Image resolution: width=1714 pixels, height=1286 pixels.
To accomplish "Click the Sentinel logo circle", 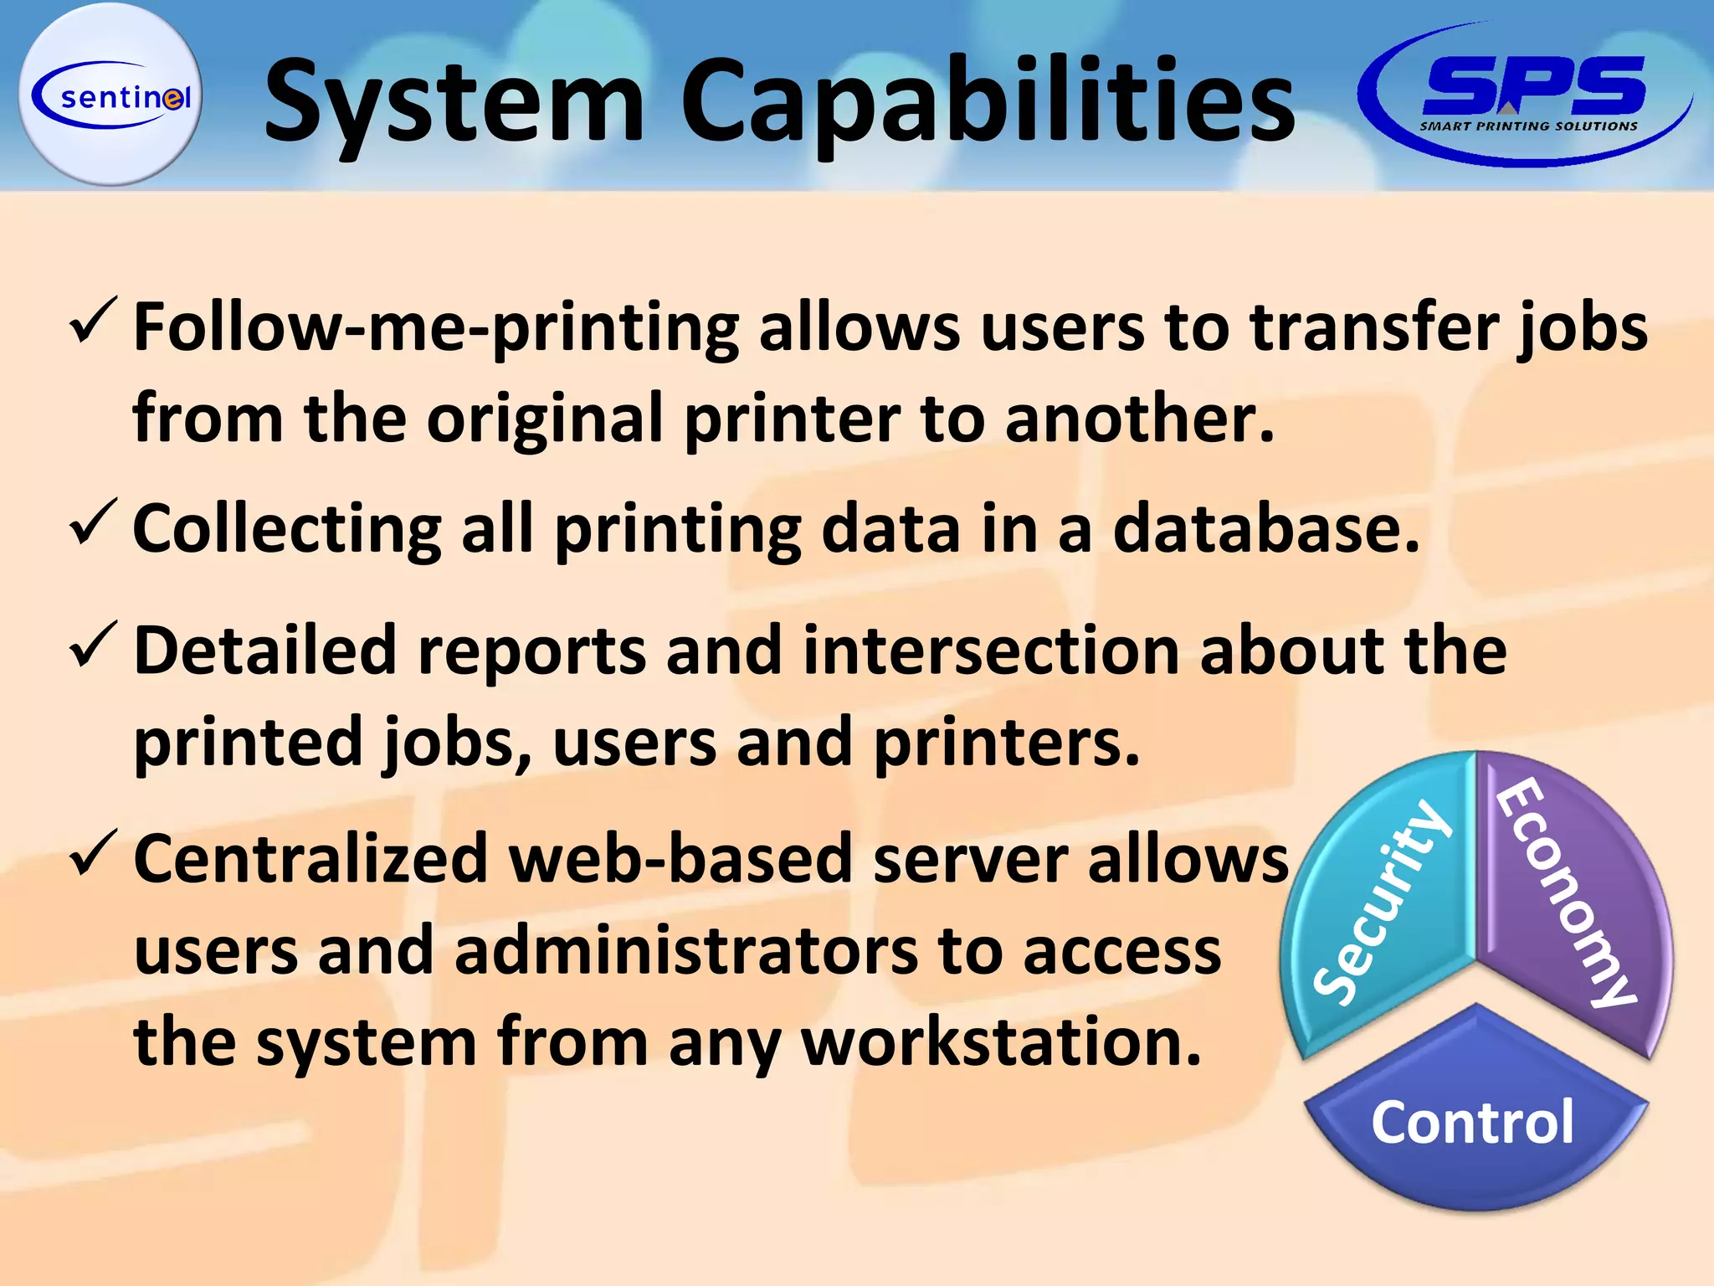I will pos(110,95).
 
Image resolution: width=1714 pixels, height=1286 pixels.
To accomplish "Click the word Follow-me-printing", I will pos(436,328).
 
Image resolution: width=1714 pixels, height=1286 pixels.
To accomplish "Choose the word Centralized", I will pos(310,859).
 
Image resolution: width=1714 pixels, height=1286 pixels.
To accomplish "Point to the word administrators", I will pos(685,951).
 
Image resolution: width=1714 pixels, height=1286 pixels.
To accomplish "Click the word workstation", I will pos(1001,1043).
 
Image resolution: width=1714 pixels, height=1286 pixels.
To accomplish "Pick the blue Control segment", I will pos(1473,1122).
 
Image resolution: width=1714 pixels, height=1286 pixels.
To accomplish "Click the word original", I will pos(545,419).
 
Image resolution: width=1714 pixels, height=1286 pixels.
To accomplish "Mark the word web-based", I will pos(681,859).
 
